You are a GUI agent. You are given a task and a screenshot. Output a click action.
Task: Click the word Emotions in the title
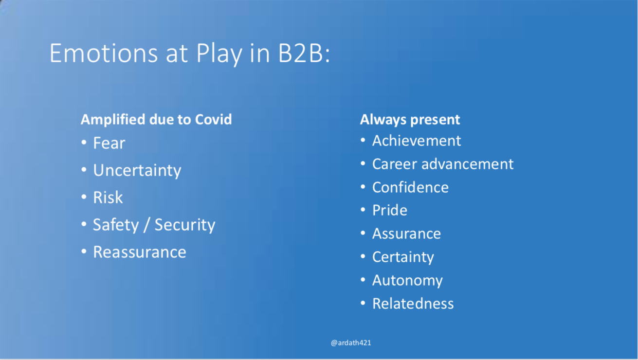(104, 53)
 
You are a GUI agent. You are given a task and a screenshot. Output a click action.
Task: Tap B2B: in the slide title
(304, 53)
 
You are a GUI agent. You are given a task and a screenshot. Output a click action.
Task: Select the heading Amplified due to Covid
(156, 119)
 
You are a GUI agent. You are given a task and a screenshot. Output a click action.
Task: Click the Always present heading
(410, 120)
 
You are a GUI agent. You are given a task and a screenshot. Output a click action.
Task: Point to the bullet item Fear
(109, 143)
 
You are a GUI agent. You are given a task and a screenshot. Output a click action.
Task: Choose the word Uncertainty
(137, 170)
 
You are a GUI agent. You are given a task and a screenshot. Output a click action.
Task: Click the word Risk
(108, 198)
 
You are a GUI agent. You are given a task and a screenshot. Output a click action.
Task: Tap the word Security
(185, 225)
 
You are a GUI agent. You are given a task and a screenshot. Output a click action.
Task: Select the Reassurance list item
(140, 252)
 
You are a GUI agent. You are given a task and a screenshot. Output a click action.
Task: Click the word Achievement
(417, 141)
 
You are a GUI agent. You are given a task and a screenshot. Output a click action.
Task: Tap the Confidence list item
(410, 187)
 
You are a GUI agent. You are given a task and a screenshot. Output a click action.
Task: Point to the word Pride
(390, 211)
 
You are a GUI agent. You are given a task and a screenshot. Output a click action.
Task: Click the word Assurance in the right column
(406, 234)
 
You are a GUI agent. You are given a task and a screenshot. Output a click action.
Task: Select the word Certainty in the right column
(403, 257)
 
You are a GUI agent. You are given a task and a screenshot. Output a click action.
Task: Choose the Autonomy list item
(407, 281)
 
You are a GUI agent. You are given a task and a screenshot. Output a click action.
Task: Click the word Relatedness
(413, 304)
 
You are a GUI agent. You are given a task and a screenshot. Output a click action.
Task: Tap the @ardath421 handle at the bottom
(351, 342)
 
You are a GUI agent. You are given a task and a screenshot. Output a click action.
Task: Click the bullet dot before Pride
(363, 210)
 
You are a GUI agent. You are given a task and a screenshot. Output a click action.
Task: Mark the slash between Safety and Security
(146, 225)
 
